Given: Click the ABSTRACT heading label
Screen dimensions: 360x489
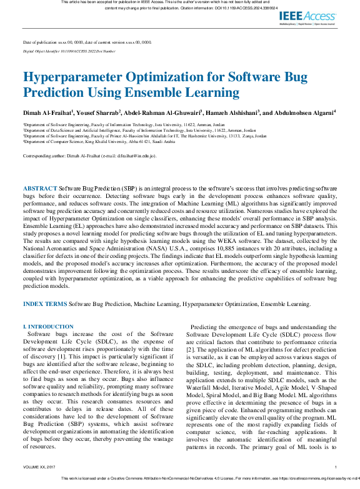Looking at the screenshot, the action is click(x=41, y=188).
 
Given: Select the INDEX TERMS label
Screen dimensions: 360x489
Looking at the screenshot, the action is click(x=44, y=304).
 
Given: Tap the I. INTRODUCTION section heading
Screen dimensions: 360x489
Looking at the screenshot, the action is click(x=48, y=327).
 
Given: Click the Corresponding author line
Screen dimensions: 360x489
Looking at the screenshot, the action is click(x=89, y=156).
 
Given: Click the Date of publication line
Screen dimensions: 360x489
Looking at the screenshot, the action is click(x=87, y=42).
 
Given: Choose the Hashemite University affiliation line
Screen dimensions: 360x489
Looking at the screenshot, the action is click(x=144, y=136).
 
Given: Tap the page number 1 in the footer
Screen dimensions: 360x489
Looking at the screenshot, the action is click(x=336, y=467).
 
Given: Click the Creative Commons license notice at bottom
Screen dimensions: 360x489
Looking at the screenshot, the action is click(x=206, y=478).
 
